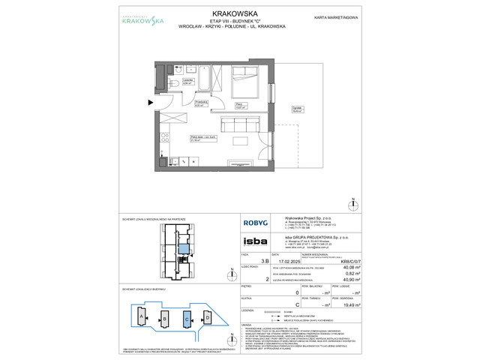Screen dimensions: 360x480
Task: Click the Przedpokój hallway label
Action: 200,103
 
